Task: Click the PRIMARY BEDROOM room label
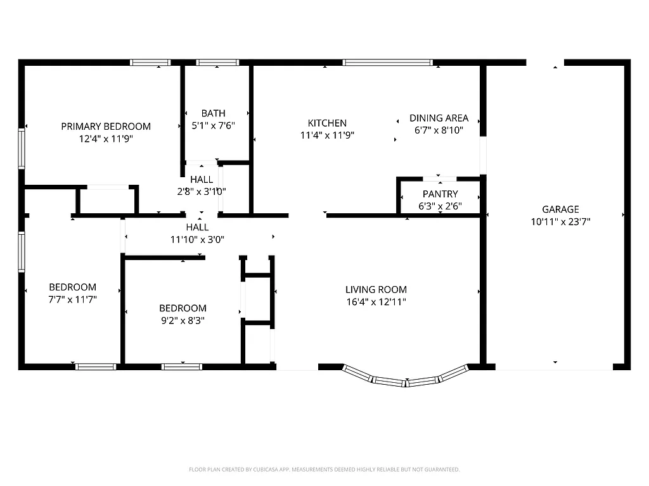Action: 106,127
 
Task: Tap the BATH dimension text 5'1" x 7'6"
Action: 214,126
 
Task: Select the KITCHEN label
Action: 327,123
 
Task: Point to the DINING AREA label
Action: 439,118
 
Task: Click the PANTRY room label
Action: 440,194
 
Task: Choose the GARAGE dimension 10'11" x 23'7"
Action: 560,221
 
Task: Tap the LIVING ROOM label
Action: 376,290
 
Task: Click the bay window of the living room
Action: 406,380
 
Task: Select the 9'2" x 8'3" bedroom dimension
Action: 182,320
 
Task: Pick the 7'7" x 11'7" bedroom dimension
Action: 73,299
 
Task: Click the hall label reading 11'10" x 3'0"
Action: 198,239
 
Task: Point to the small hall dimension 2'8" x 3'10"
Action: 202,191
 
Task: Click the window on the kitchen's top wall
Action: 388,63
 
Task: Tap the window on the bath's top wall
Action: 217,63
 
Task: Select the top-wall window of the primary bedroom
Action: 151,63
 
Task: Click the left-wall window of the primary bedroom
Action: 21,149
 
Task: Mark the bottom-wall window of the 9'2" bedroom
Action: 182,366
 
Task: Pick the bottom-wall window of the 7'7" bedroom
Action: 96,366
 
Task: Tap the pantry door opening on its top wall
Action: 439,179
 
